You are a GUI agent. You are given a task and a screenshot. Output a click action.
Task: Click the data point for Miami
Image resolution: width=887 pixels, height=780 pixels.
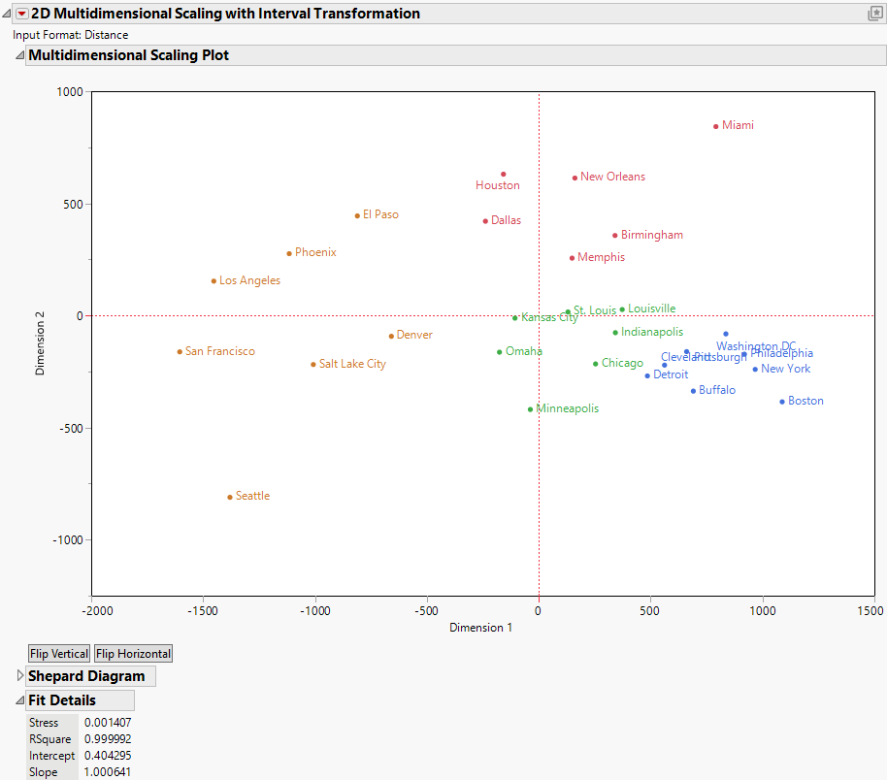716,126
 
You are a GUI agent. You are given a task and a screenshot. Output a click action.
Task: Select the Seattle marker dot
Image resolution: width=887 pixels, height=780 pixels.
230,497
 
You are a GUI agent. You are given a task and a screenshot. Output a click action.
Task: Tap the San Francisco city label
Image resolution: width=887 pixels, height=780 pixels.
219,351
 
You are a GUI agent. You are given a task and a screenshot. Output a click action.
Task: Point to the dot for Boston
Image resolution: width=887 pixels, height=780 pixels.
782,402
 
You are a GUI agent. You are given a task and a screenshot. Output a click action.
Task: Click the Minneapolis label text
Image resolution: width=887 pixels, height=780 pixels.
567,408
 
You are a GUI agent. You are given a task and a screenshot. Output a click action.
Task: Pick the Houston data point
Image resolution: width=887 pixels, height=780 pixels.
504,175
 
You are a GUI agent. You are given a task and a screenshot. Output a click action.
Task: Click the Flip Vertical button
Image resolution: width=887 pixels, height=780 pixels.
59,654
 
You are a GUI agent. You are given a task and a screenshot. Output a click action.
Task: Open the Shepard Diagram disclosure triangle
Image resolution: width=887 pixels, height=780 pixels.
20,676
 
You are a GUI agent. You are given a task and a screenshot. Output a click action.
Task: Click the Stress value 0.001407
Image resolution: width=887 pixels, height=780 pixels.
105,723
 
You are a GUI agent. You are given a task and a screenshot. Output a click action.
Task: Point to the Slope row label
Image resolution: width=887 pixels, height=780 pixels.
44,772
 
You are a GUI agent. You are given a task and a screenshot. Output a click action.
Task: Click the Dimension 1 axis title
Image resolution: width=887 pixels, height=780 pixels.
480,628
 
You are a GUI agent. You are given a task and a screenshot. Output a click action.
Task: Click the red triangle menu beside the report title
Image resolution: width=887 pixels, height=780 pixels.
22,14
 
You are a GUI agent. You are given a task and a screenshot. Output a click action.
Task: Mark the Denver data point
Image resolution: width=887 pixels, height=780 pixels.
391,336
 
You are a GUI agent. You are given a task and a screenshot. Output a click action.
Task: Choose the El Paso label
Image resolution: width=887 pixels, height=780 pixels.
380,214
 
